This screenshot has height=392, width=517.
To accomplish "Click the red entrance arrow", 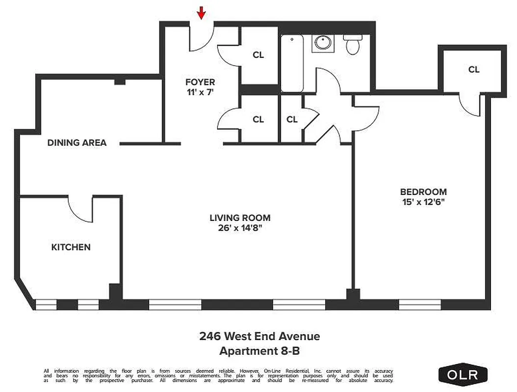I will [201, 13].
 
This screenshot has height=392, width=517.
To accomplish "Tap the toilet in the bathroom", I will [352, 44].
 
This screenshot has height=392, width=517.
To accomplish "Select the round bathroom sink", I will [323, 43].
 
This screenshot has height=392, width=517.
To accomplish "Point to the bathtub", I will [292, 64].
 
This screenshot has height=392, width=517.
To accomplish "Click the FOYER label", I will [200, 82].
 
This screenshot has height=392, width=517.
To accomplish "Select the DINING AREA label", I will [77, 143].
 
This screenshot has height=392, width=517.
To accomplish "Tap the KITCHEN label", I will [71, 247].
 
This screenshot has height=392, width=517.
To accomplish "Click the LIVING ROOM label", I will [240, 218].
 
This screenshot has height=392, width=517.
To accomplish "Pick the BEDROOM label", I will [423, 192].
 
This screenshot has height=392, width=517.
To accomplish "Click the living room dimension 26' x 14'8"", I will [240, 228].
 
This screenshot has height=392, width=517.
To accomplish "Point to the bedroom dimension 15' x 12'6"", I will [423, 202].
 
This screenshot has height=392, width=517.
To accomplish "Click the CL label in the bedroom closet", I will [473, 70].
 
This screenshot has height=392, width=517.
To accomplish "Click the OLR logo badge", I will [464, 375].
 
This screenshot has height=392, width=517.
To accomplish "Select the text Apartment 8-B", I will [259, 351].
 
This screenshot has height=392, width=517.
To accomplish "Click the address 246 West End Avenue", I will [259, 336].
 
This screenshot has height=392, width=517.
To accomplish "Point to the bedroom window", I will [420, 305].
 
